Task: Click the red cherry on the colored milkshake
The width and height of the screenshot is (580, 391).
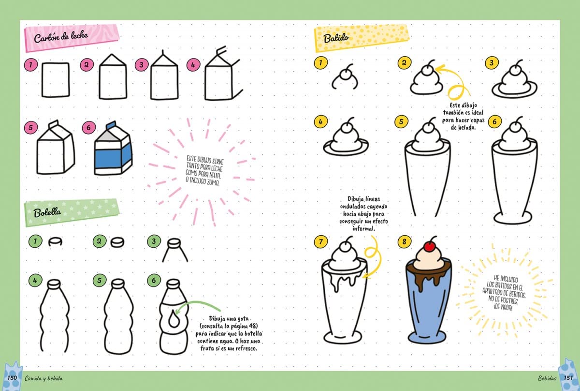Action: coord(429,246)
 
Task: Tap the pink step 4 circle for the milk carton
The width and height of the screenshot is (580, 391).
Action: coord(193,64)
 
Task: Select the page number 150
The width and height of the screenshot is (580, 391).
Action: coord(12,377)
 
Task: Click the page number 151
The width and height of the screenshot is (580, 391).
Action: coord(568,377)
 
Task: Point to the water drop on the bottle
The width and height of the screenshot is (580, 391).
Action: coord(173,320)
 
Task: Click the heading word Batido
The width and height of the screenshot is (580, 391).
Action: coord(336,39)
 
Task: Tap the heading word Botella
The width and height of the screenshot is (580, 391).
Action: coord(47,213)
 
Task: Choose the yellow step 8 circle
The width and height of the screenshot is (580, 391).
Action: coord(404,241)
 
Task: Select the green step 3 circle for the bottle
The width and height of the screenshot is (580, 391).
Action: coord(154,241)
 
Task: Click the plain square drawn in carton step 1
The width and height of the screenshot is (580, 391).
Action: coord(56,80)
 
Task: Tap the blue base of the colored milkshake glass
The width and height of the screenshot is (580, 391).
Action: coord(427,337)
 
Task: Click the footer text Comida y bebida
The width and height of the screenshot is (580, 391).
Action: coord(43,378)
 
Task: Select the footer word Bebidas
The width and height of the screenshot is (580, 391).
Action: coord(547,378)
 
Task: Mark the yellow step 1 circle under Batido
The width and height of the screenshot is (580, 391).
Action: coord(321,62)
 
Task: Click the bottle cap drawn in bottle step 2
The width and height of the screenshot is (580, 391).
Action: coord(117,242)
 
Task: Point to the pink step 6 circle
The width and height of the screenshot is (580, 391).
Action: coord(89,128)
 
